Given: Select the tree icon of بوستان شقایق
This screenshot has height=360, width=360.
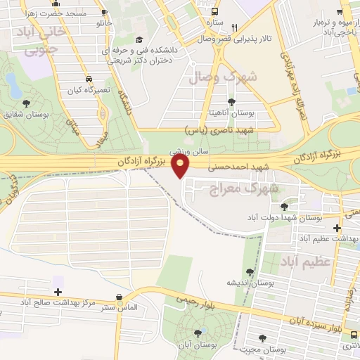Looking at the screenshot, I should pos(27,103).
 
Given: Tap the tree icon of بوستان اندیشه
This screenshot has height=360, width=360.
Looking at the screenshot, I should pos(249,272).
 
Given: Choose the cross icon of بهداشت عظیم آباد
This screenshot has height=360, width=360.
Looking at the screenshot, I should pos(338,228).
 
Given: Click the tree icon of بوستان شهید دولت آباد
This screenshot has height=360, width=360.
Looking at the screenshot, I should pos(284,207).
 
